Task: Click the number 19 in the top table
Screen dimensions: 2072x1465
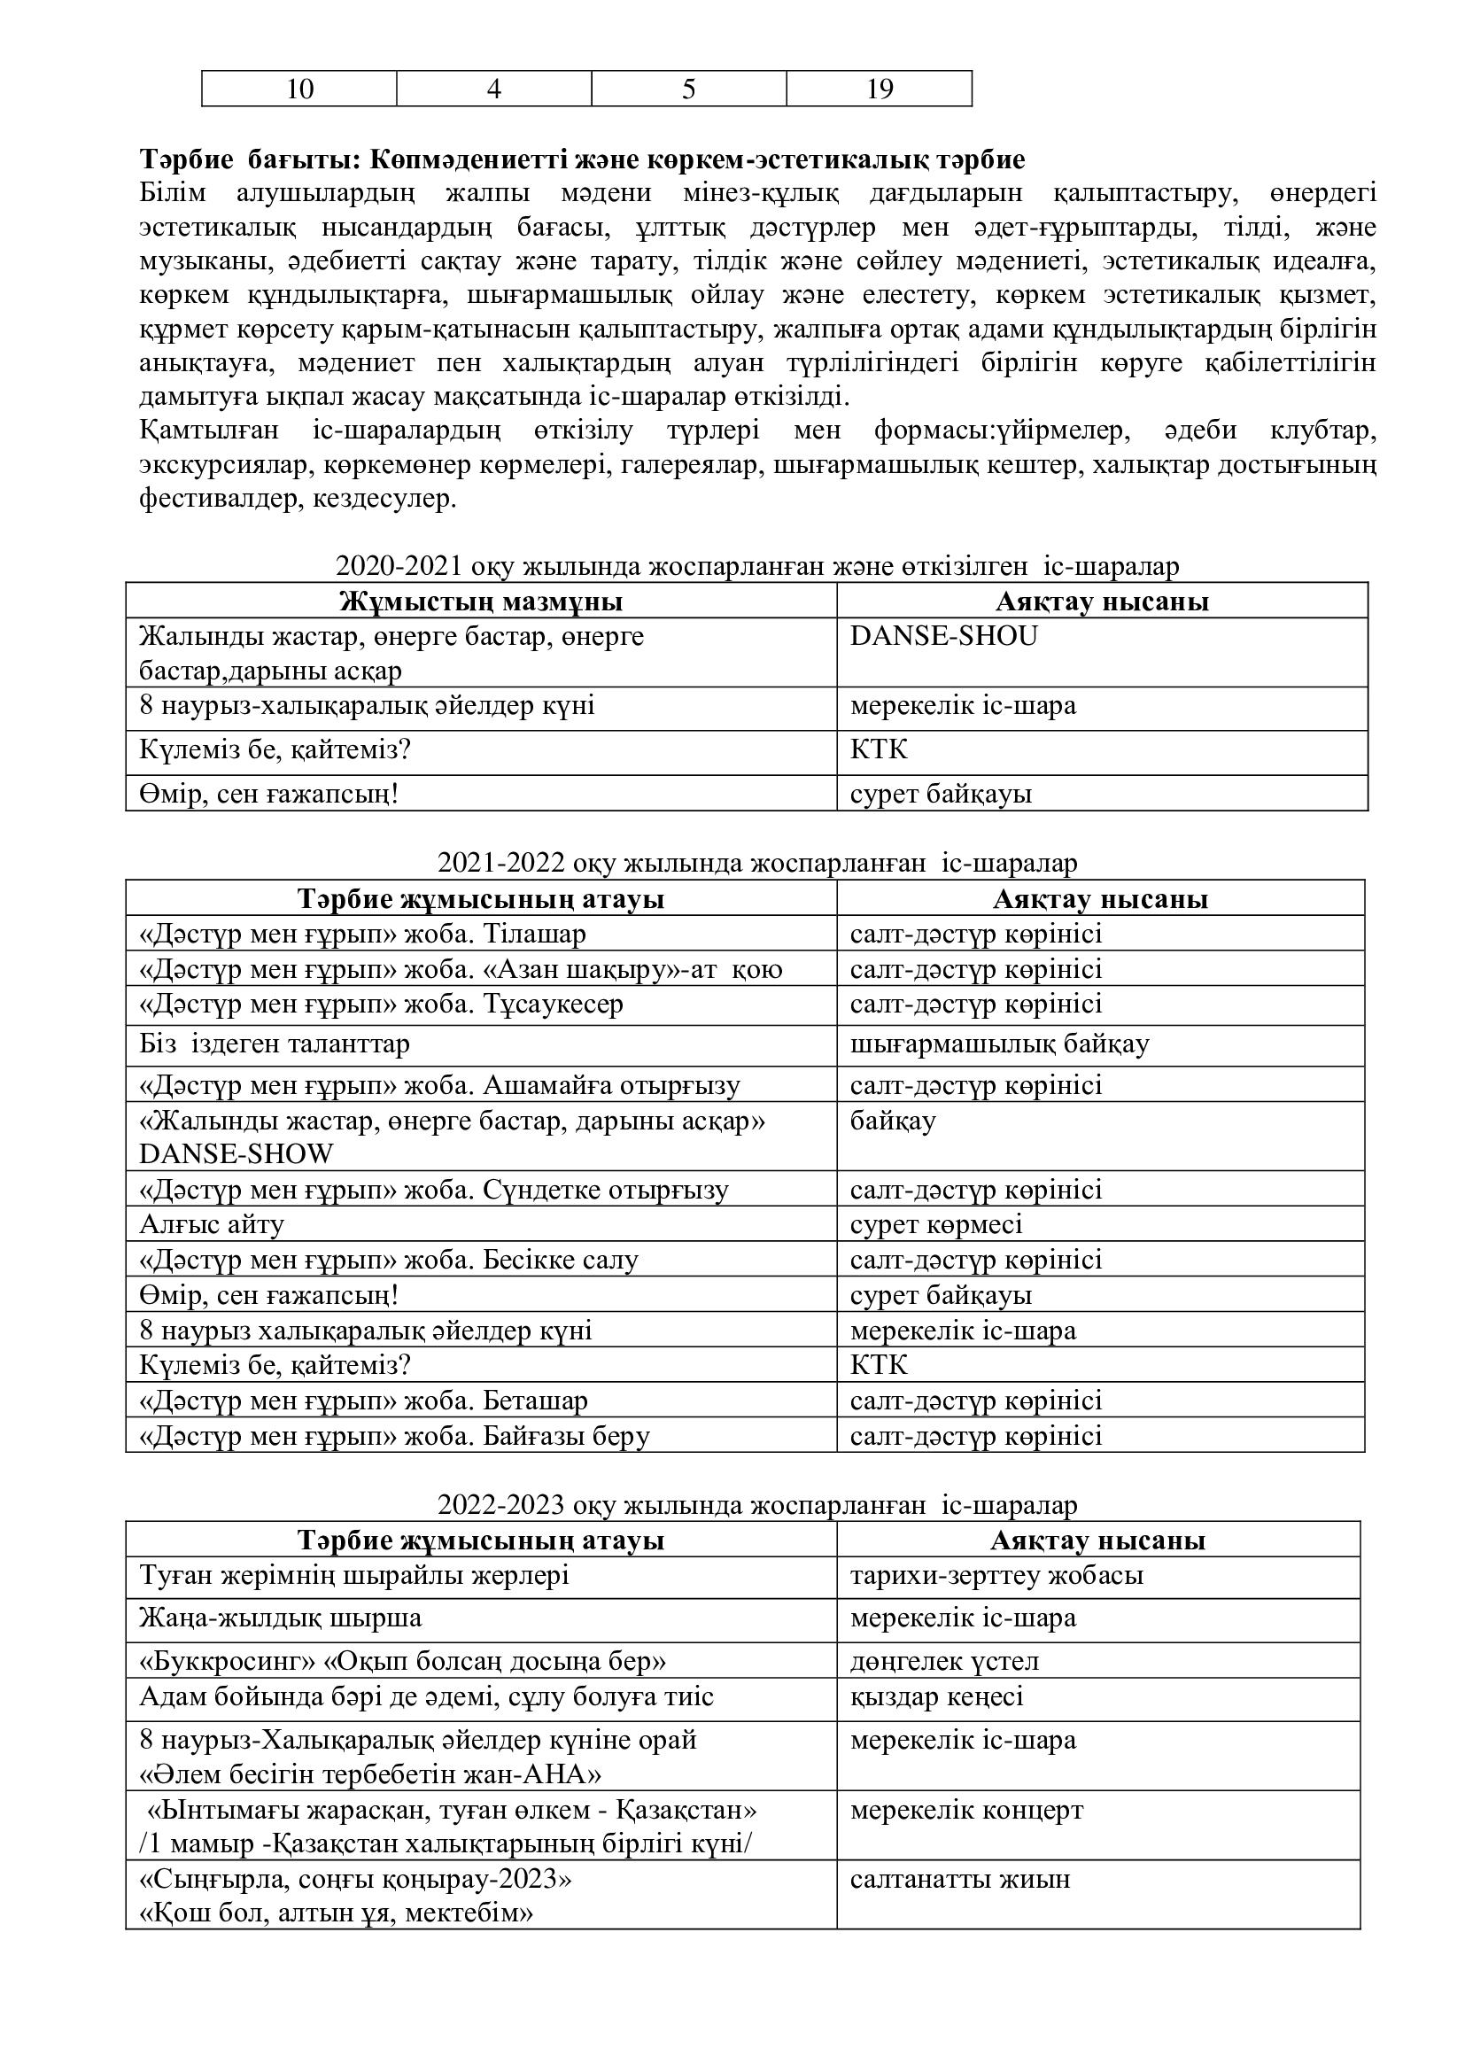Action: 880,89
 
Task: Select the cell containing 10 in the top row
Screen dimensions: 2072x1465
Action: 299,89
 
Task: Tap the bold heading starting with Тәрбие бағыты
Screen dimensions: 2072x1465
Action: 582,159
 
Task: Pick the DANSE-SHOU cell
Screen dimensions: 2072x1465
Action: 943,636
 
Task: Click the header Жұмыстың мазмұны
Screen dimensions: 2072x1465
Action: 481,601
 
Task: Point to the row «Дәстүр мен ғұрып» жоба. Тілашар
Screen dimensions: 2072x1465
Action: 362,934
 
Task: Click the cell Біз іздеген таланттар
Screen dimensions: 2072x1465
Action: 275,1044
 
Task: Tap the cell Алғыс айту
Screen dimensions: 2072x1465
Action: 212,1224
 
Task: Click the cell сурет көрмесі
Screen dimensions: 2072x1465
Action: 936,1224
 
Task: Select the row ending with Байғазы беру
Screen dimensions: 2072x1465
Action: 395,1436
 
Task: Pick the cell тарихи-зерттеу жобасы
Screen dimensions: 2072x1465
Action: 996,1576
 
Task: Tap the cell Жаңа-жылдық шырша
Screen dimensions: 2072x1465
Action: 281,1618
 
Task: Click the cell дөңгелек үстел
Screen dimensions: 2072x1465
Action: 944,1660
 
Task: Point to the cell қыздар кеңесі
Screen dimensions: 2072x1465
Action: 936,1696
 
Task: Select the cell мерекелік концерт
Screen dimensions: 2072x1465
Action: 966,1811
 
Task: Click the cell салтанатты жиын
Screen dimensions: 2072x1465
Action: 960,1880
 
